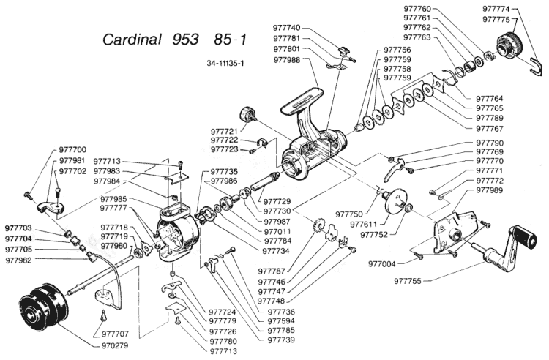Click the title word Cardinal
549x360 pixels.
click(132, 40)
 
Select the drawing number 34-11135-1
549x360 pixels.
click(225, 64)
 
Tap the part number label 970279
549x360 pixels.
click(115, 345)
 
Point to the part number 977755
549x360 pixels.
click(408, 281)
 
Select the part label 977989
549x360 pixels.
click(490, 190)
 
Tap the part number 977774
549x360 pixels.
click(496, 9)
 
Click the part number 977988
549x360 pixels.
click(287, 60)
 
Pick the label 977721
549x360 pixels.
click(224, 131)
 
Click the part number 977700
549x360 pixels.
click(72, 150)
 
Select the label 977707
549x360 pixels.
click(115, 334)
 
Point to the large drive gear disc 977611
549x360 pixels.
click(396, 200)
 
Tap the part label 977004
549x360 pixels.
click(381, 264)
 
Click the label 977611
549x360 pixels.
click(363, 224)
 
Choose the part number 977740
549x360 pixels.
click(287, 28)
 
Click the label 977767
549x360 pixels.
click(490, 128)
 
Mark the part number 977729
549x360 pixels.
click(277, 202)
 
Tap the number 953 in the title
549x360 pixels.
click(186, 40)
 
